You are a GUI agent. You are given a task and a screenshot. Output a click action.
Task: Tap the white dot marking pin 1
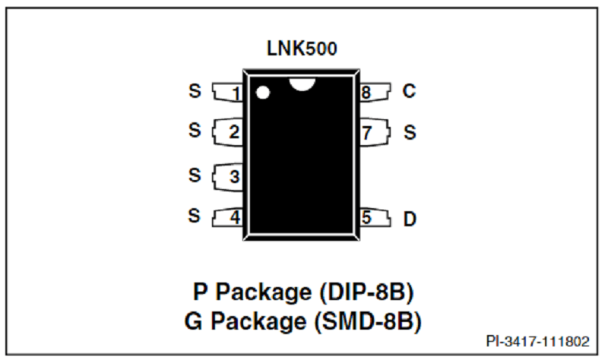point(263,93)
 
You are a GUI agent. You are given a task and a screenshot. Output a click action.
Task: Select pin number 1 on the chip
point(236,94)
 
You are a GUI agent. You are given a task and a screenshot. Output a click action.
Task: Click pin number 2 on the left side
point(234,132)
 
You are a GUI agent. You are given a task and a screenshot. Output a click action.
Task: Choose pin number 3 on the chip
point(234,177)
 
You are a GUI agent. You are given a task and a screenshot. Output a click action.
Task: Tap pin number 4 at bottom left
point(235,217)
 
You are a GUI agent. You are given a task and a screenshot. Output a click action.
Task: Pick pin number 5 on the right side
point(366,217)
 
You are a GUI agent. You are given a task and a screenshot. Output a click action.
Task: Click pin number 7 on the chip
point(367,132)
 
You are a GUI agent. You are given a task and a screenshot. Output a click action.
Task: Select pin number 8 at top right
point(366,93)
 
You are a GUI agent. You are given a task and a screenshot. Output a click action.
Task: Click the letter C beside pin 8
point(409,92)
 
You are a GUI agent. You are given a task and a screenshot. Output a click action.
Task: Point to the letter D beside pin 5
point(410,219)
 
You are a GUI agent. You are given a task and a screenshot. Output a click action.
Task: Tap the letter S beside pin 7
point(410,132)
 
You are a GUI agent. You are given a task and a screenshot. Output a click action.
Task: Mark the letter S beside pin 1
point(195,92)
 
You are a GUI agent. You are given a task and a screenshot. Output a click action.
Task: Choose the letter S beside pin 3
point(195,174)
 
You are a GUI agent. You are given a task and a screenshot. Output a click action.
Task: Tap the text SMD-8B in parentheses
point(367,321)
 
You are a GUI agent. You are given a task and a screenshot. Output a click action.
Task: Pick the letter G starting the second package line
point(195,321)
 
